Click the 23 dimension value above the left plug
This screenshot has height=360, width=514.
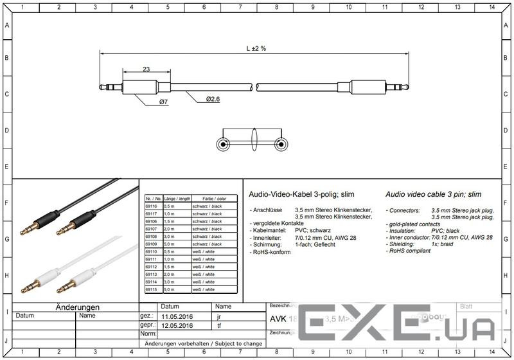tap(146, 69)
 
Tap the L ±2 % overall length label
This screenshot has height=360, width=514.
tap(255, 49)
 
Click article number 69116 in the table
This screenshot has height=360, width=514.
tap(152, 206)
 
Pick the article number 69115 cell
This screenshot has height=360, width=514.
tap(152, 290)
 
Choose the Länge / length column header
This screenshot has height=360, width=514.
tap(177, 199)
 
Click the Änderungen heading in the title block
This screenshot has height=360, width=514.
tap(77, 307)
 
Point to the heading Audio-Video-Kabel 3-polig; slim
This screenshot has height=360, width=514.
tap(301, 194)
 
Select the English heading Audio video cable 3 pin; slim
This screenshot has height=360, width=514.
tap(433, 194)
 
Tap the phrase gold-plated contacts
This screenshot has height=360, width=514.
tap(414, 224)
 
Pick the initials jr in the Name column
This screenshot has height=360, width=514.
tap(219, 317)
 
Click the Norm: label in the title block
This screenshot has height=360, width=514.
tap(148, 334)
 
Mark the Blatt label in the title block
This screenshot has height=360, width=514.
tap(466, 307)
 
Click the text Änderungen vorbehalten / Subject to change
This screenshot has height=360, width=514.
tap(203, 344)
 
